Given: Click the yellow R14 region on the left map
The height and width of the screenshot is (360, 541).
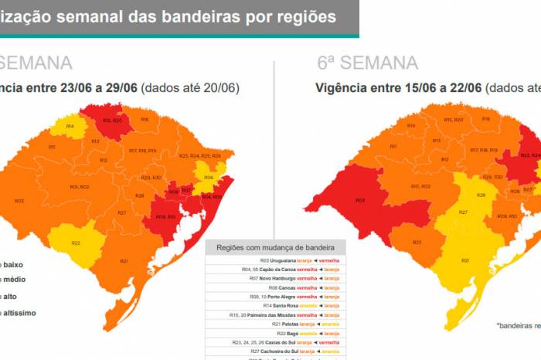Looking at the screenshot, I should (x=70, y=126).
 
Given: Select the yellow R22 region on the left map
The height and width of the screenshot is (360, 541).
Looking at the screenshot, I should (x=77, y=242).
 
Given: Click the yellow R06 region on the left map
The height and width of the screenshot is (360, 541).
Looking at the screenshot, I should (x=208, y=177).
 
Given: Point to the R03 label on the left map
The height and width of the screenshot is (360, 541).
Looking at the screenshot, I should (x=19, y=201).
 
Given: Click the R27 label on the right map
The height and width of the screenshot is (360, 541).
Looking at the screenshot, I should (x=463, y=212).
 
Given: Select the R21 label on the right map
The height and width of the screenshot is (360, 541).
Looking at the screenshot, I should (x=465, y=260).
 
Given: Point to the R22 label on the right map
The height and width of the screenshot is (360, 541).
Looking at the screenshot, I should (x=417, y=242).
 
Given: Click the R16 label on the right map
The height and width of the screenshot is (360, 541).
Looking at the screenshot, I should (x=487, y=119).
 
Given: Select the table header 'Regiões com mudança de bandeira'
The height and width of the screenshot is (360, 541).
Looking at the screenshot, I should (x=276, y=247).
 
